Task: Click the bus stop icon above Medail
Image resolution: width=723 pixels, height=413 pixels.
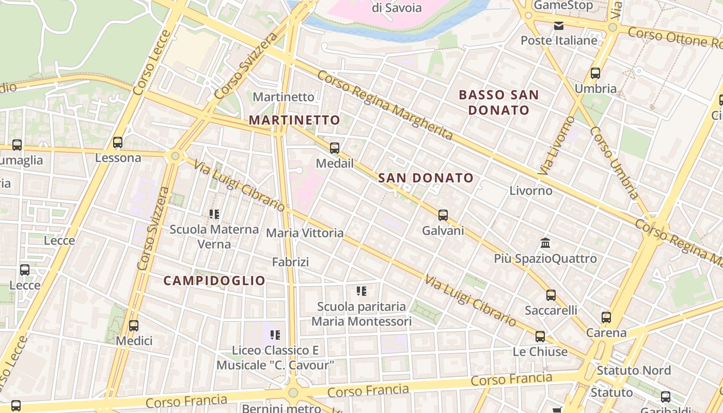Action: (335, 148)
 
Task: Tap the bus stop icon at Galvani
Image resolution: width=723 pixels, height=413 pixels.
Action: (443, 215)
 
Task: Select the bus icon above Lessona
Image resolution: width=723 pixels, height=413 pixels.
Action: (118, 142)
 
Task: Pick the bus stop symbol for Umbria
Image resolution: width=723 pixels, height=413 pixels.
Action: (595, 73)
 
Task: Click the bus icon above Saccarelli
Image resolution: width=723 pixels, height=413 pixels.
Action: (551, 295)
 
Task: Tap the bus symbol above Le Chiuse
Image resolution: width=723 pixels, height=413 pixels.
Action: (540, 337)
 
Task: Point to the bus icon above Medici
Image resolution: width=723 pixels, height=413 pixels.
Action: (134, 326)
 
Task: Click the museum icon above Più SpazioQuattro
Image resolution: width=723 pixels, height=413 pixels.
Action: (545, 243)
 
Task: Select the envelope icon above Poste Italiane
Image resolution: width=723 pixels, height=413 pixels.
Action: (559, 25)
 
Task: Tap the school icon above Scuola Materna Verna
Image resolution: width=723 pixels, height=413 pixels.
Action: (214, 214)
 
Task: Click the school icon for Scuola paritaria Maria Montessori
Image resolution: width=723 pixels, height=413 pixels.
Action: (361, 291)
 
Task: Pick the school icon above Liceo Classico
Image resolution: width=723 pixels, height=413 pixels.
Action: (275, 335)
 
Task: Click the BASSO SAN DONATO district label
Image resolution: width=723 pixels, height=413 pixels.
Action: (499, 102)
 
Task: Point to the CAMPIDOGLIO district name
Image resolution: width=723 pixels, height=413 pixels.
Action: (214, 281)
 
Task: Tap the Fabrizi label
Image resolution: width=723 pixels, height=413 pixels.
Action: (291, 262)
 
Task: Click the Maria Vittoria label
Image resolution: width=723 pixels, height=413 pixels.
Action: (305, 233)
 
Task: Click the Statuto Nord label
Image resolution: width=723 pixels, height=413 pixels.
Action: (634, 371)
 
